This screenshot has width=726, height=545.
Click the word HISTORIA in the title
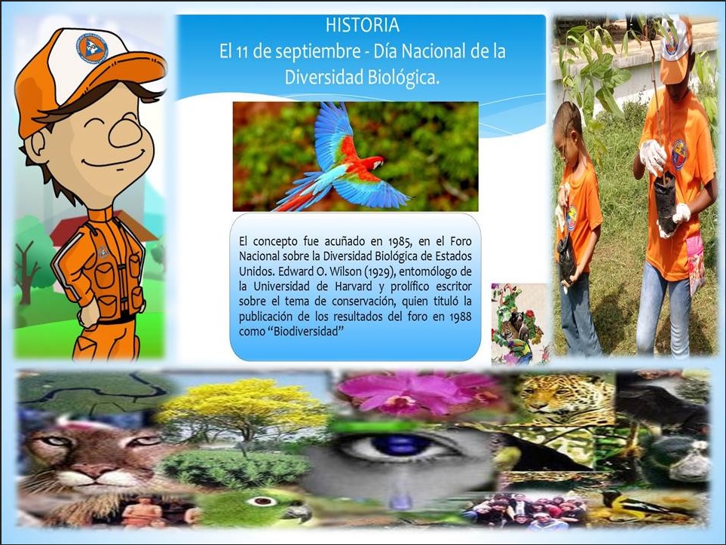[x=362, y=25]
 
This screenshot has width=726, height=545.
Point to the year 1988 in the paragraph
[x=459, y=317]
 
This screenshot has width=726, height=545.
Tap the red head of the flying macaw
[x=373, y=163]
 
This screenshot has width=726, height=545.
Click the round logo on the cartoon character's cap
[x=92, y=50]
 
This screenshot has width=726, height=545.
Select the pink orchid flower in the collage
[x=417, y=393]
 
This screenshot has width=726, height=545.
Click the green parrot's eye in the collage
[x=262, y=501]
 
